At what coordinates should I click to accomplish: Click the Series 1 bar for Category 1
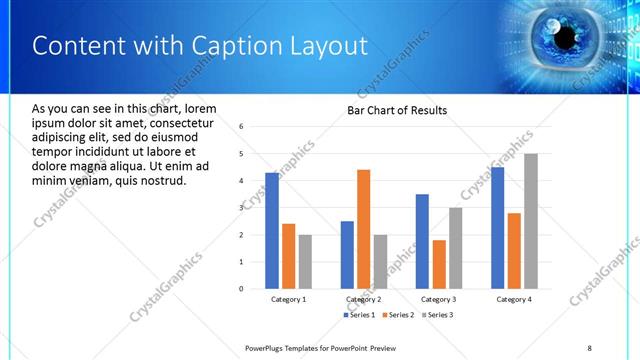[x=272, y=230]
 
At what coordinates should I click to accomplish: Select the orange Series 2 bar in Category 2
[x=363, y=229]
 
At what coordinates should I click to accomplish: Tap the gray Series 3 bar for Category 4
[x=531, y=221]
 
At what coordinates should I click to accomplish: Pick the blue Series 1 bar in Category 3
[x=422, y=241]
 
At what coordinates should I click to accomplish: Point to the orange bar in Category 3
[x=439, y=264]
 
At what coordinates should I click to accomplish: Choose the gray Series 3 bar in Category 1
[x=305, y=261]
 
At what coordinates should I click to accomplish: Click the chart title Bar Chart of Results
[x=397, y=110]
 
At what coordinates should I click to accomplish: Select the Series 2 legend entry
[x=397, y=315]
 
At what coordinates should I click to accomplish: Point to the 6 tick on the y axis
[x=242, y=127]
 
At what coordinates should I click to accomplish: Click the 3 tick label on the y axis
[x=242, y=208]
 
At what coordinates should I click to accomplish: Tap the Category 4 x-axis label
[x=514, y=299]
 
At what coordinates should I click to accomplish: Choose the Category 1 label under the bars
[x=289, y=299]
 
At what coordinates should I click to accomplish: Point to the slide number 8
[x=589, y=347]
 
